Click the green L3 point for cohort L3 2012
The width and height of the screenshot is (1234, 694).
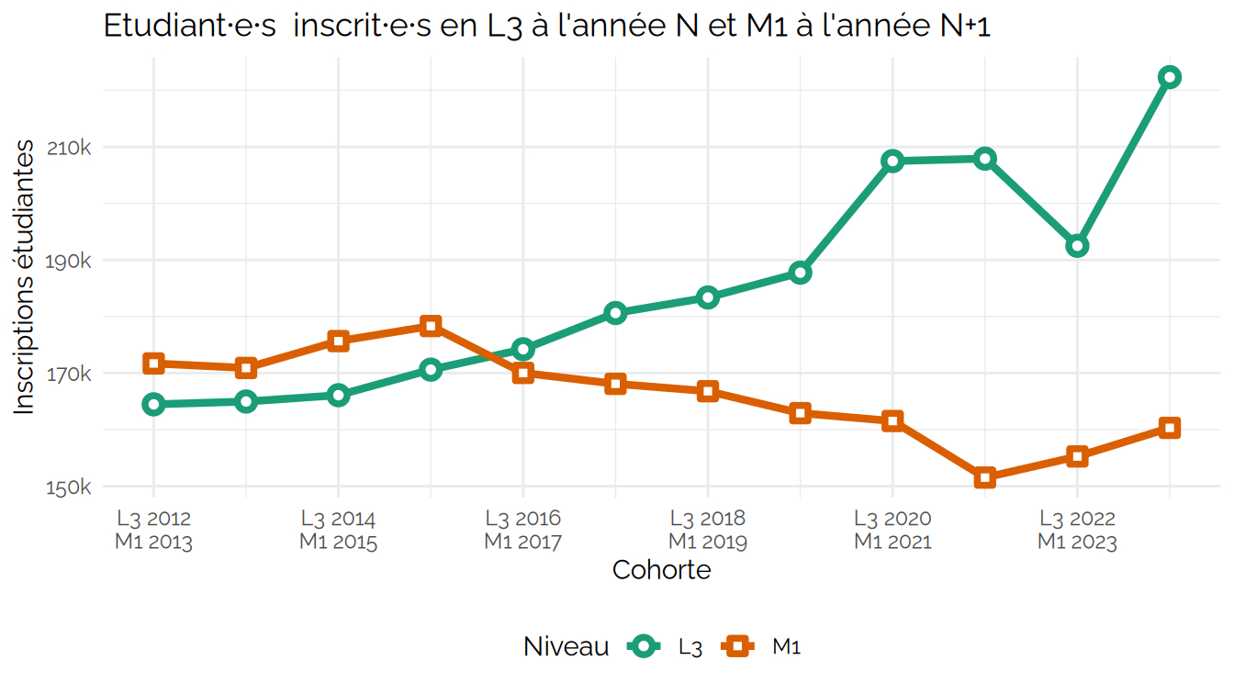(x=153, y=404)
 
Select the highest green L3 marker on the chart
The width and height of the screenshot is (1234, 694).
(x=1169, y=77)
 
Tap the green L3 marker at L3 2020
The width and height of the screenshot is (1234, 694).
(x=892, y=162)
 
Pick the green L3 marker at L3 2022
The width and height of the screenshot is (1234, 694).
(x=1077, y=246)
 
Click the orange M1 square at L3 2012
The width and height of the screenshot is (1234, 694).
(x=153, y=364)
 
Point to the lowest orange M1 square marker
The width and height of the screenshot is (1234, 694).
(x=985, y=477)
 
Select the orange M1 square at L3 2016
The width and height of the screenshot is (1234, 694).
(x=523, y=373)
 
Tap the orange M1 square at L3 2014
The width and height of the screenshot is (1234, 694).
(x=338, y=341)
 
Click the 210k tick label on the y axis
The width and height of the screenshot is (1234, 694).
(x=70, y=148)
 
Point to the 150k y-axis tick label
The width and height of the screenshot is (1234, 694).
(x=70, y=487)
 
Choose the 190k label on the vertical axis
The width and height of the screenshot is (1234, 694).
(x=70, y=262)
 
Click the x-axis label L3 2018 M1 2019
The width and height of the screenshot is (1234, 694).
(x=707, y=531)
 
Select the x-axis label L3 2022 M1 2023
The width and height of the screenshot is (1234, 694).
(x=1077, y=531)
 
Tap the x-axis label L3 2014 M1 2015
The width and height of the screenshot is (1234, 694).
(x=338, y=531)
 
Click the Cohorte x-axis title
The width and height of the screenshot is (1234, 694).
(x=661, y=570)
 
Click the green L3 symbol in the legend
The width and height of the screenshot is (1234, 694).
(x=645, y=647)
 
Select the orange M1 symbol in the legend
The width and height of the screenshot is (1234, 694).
(x=738, y=647)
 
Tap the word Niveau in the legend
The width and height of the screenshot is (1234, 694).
(x=566, y=647)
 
